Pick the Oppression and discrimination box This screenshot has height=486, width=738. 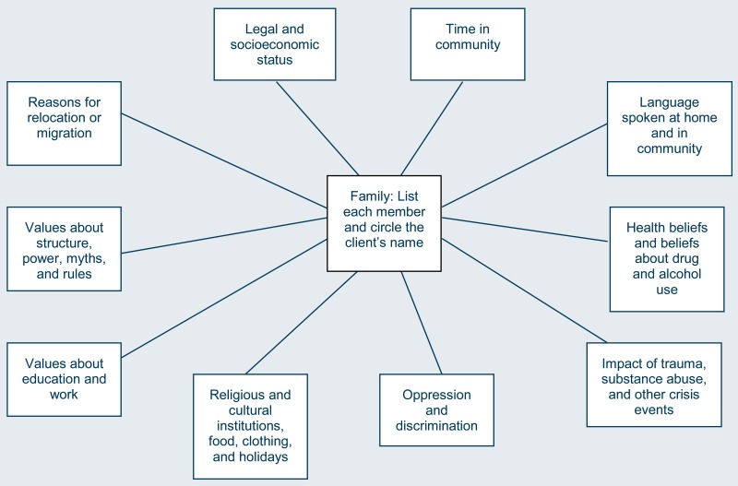coord(436,409)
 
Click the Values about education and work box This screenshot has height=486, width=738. coord(65,378)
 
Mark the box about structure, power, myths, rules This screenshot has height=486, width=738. coord(65,250)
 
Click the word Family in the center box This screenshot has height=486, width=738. coord(365,196)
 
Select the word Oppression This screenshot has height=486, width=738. coord(436,394)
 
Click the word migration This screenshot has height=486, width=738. coord(65,134)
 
